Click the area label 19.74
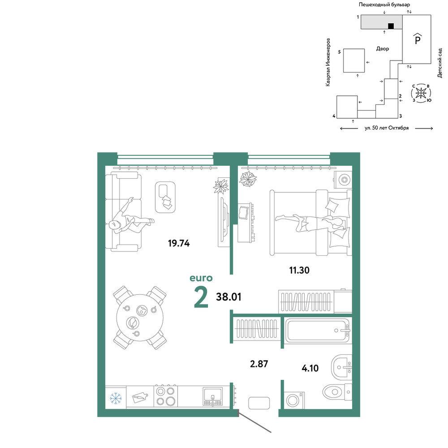(179, 243)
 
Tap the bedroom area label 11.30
(299, 270)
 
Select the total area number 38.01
(228, 297)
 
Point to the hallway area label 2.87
(259, 364)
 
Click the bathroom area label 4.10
(310, 368)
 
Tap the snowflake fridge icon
(116, 398)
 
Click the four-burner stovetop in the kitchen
(166, 396)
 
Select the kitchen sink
(212, 396)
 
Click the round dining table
(140, 318)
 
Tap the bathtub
(317, 330)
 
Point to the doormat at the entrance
(259, 403)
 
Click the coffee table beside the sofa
(165, 197)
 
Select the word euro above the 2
(201, 278)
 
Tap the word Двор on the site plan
(383, 49)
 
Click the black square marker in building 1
(391, 26)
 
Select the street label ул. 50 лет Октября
(387, 128)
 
